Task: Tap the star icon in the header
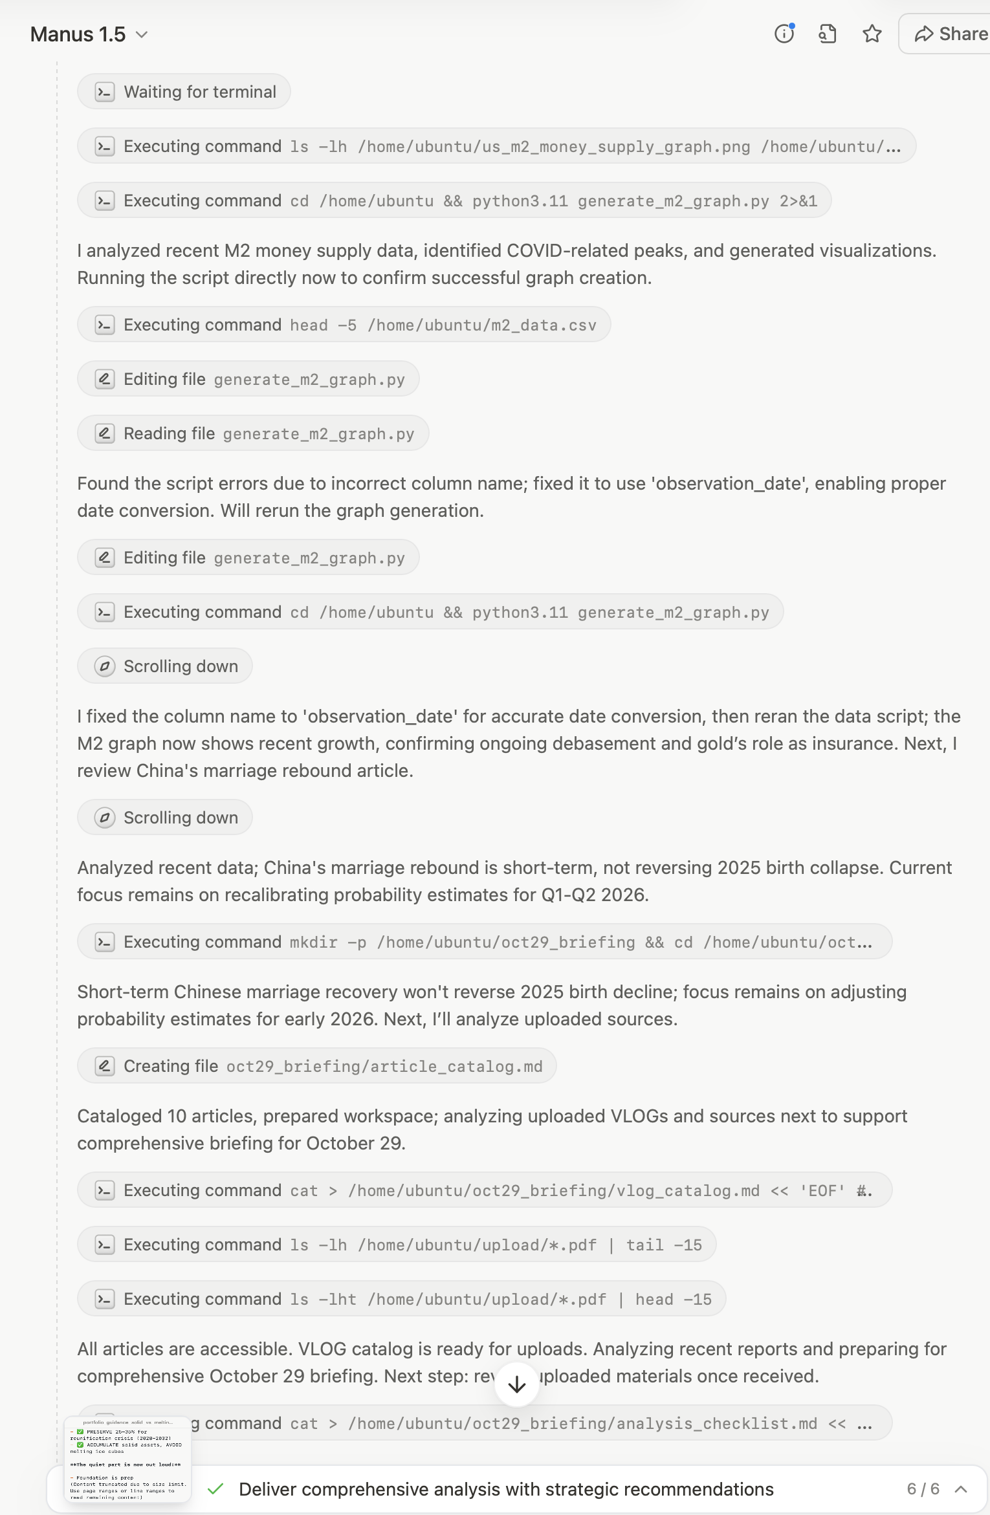coord(872,34)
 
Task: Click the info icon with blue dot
coord(784,34)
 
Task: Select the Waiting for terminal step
coord(184,92)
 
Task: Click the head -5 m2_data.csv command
coord(344,325)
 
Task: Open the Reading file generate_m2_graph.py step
coord(253,433)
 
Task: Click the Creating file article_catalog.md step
coord(316,1066)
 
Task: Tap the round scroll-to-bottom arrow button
coord(516,1385)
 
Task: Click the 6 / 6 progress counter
coord(923,1489)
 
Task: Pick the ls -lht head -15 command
coord(401,1299)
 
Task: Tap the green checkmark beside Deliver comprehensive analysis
coord(215,1489)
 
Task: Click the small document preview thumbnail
coord(127,1459)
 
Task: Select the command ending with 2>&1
coord(454,201)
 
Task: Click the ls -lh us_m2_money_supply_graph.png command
coord(496,146)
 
